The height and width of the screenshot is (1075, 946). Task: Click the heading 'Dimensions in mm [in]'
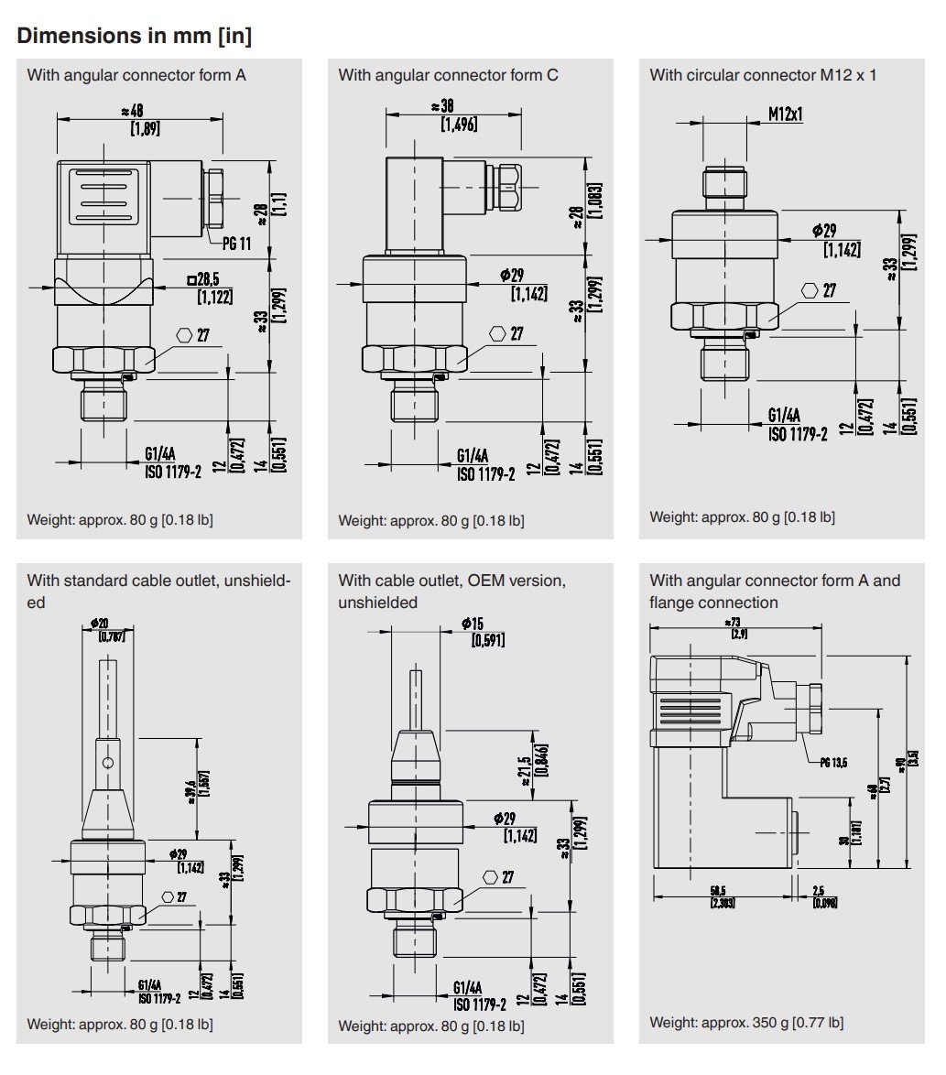pos(135,37)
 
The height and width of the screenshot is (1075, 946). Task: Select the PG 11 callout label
pos(236,243)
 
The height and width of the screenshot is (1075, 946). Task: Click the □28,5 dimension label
pos(209,278)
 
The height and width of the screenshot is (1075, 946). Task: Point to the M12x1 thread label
pos(785,114)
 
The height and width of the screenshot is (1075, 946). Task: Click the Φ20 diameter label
pos(101,623)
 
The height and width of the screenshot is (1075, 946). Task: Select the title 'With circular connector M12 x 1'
pos(762,75)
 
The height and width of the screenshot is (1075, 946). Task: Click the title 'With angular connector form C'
pos(448,75)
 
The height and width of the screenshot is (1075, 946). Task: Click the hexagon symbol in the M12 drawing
pos(810,290)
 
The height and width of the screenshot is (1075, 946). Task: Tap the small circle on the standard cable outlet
pos(108,763)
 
